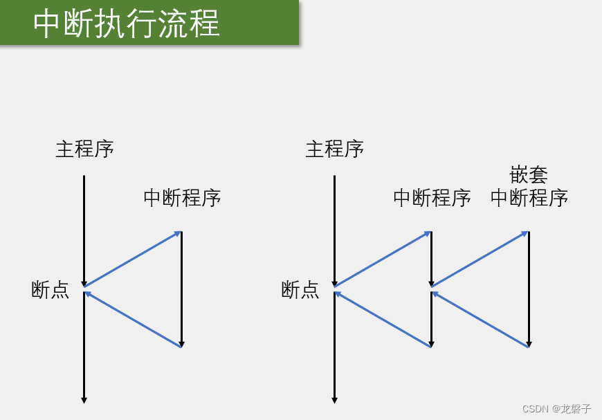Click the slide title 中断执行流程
click(127, 24)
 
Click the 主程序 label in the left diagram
click(84, 149)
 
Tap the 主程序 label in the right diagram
click(334, 149)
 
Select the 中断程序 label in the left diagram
click(182, 198)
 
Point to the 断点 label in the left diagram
click(51, 289)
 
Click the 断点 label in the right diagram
click(300, 289)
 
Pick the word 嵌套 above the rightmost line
click(529, 174)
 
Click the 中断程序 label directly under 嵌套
click(529, 198)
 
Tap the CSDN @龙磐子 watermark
click(556, 408)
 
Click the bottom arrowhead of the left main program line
click(84, 399)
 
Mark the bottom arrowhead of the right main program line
click(334, 399)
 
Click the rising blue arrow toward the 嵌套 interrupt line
click(480, 259)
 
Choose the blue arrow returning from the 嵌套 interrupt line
click(480, 319)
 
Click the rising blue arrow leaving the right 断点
click(383, 259)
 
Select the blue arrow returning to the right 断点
click(383, 319)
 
